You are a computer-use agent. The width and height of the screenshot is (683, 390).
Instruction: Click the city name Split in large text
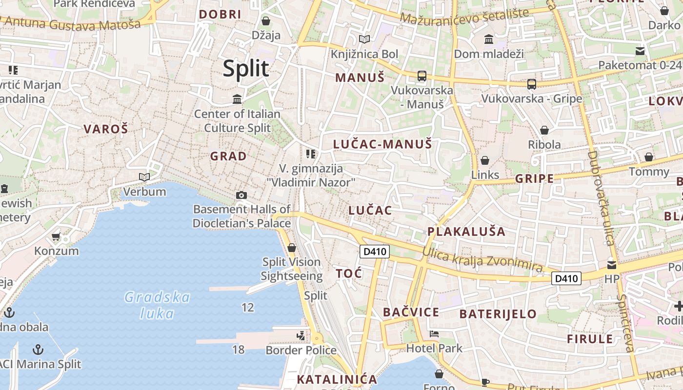coord(246,68)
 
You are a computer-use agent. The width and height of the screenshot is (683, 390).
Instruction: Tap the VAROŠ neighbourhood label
coord(105,129)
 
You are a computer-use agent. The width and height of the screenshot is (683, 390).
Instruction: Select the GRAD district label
coord(228,156)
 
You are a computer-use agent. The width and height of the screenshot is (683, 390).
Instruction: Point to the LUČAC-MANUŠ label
coord(382,144)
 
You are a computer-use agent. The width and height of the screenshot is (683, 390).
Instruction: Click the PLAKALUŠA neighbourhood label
coord(466,232)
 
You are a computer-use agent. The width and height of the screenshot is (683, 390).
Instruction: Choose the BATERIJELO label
coord(498,314)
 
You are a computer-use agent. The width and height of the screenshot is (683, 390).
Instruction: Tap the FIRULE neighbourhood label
coord(590,339)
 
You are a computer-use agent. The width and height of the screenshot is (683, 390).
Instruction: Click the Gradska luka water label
coord(157,305)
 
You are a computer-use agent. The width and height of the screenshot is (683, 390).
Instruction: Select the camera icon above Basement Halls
coord(241,195)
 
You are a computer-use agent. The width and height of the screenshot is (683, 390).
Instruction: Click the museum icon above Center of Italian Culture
coord(238,99)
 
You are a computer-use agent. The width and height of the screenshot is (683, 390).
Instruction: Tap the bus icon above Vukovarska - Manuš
coord(422,76)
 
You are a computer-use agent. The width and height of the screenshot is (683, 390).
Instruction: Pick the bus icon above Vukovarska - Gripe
coord(531,84)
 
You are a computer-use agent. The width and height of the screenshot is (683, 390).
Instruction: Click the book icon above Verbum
coord(144,177)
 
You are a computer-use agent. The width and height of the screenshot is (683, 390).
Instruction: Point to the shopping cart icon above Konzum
coord(56,237)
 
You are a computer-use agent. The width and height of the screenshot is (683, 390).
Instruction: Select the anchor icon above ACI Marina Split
coord(38,349)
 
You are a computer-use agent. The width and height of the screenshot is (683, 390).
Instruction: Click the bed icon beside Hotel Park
coord(434,334)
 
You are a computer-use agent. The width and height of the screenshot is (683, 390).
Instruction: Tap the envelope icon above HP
coord(611,265)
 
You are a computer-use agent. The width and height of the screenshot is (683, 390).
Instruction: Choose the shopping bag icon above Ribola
coord(544,130)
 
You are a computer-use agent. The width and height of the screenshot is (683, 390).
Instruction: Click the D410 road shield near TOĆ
coord(375,252)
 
